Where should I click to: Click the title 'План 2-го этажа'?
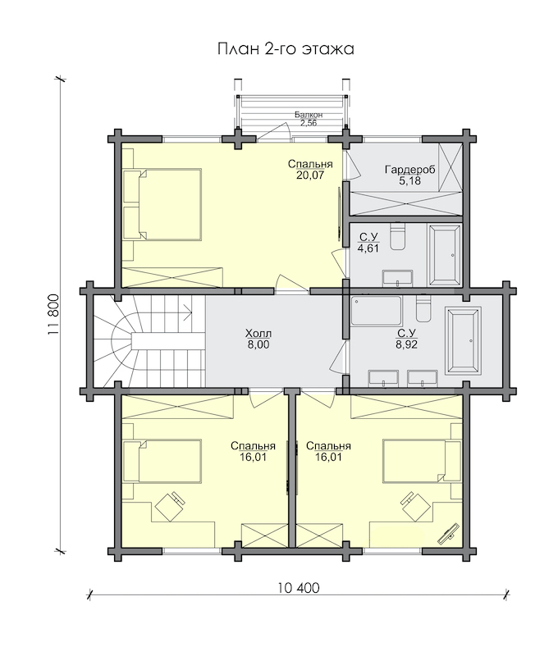pos(286,48)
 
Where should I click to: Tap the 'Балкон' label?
pos(309,114)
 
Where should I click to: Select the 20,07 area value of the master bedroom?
pos(310,175)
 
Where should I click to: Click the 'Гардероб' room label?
pos(409,170)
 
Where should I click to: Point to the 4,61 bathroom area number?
pos(368,249)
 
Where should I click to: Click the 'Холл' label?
pos(258,334)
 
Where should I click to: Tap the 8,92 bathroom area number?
pos(406,344)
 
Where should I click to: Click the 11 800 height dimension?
pos(53,315)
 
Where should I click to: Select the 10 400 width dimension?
pos(298,588)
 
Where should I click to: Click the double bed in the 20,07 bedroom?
pos(162,204)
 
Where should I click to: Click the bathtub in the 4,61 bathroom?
pos(445,256)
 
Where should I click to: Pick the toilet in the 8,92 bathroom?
pos(423,309)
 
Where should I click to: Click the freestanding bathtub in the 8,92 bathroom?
pos(463,340)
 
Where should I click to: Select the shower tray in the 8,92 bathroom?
pos(377,311)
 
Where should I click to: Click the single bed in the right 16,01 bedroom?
pos(421,461)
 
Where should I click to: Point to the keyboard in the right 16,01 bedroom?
pos(448,532)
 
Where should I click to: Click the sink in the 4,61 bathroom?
pos(397,278)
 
